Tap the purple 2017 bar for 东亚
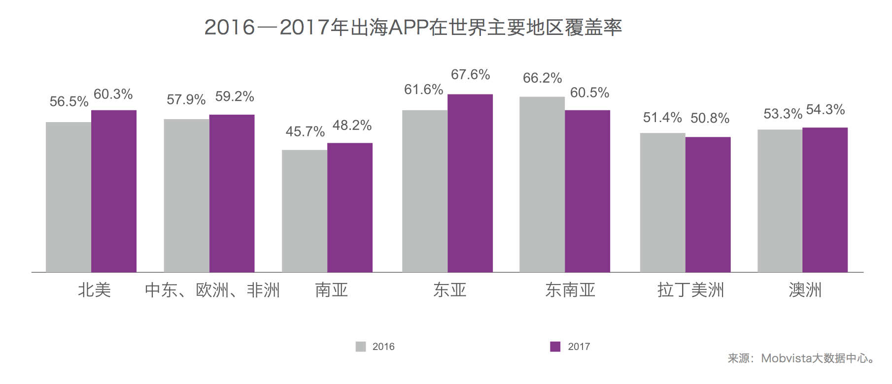point(470,183)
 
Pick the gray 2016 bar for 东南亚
point(542,184)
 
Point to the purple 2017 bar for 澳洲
point(825,200)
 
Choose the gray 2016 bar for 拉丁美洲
point(663,202)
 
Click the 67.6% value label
point(470,75)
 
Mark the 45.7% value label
point(305,132)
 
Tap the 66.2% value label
point(542,78)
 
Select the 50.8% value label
point(710,118)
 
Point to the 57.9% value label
point(186,100)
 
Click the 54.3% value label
point(825,110)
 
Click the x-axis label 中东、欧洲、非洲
point(212,290)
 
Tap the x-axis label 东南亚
point(570,290)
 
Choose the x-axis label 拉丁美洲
point(690,290)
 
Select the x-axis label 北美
point(94,290)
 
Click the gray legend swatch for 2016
point(361,347)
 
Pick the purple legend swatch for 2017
point(555,347)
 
